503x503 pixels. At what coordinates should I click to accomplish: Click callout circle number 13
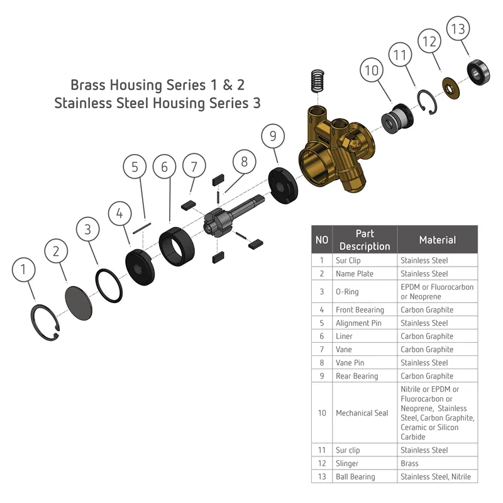point(458,28)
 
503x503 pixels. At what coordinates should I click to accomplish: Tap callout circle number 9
point(273,136)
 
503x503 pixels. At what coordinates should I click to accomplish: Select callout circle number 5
point(135,167)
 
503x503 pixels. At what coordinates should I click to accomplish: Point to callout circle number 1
point(24,270)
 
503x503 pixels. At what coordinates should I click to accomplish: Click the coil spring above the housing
point(318,81)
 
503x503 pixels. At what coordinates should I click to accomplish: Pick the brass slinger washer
point(451,88)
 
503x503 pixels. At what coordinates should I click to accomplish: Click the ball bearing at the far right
point(478,72)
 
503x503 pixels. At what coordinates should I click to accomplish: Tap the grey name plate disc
point(79,303)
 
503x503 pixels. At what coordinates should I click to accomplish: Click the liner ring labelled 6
point(177,246)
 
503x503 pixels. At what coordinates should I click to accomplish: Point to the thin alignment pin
point(142,228)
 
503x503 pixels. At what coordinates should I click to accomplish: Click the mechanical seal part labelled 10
point(397,119)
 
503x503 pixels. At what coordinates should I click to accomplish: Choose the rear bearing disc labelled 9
point(283,185)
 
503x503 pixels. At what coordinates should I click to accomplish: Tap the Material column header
point(437,240)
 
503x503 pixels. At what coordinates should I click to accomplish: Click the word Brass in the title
point(88,85)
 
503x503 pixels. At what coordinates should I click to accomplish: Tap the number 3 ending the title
point(257,103)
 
